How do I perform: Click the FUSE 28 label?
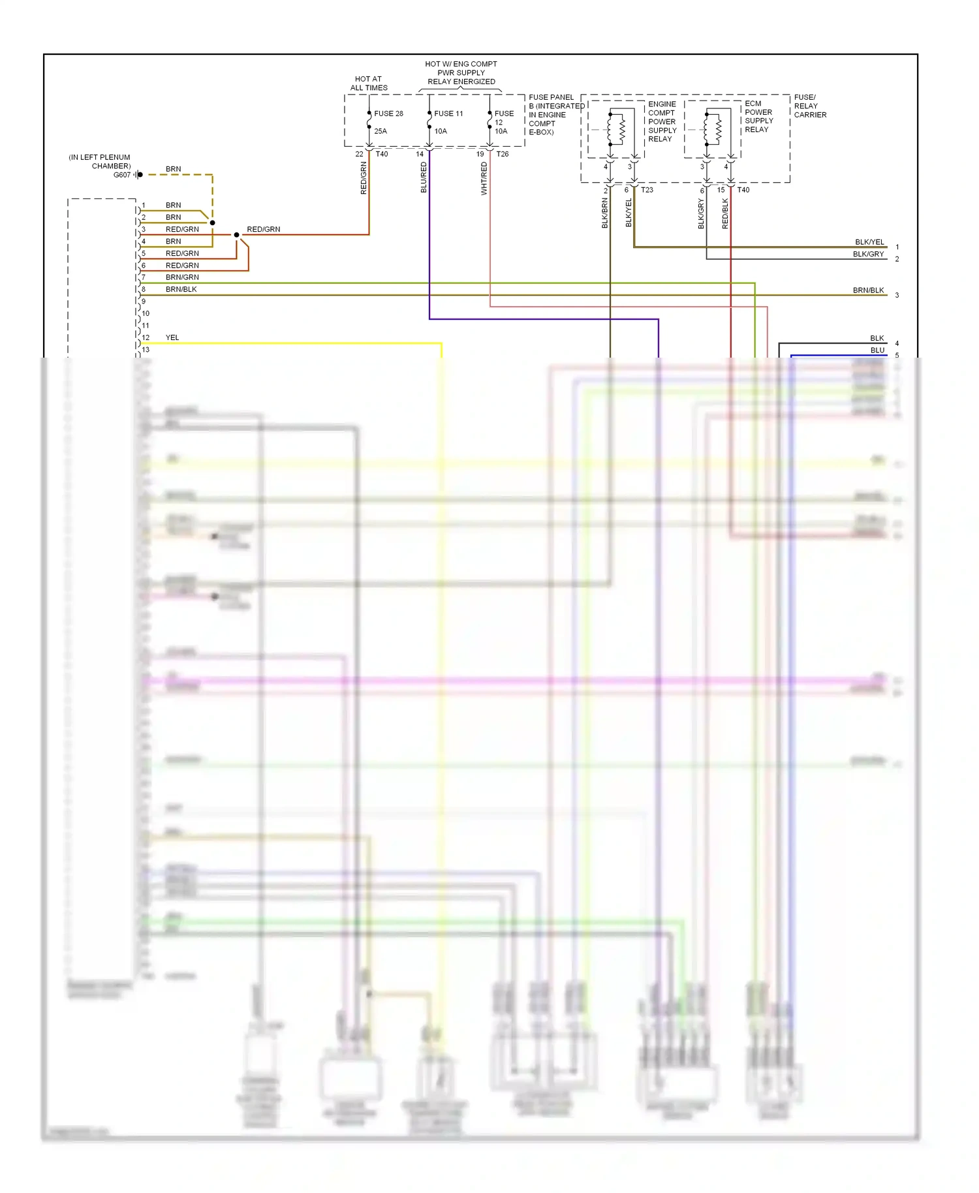(388, 114)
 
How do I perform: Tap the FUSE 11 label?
(448, 114)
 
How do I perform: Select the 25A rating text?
(381, 131)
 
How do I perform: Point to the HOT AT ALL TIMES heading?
(369, 84)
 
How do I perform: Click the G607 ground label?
(122, 175)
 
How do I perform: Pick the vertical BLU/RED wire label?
(424, 178)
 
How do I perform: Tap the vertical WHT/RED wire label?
(484, 179)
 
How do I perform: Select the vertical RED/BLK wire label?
(725, 213)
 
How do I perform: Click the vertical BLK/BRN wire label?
(605, 213)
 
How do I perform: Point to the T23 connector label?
(647, 190)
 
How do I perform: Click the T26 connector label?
(503, 154)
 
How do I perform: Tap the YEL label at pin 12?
(172, 337)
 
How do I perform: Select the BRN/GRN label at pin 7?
(182, 277)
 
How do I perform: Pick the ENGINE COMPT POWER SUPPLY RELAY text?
(662, 121)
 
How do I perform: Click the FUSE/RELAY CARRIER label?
(810, 106)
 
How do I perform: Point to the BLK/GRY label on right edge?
(868, 255)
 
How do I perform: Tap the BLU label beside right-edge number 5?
(877, 350)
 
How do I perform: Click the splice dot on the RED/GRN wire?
(236, 235)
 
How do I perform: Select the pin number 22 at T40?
(359, 154)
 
